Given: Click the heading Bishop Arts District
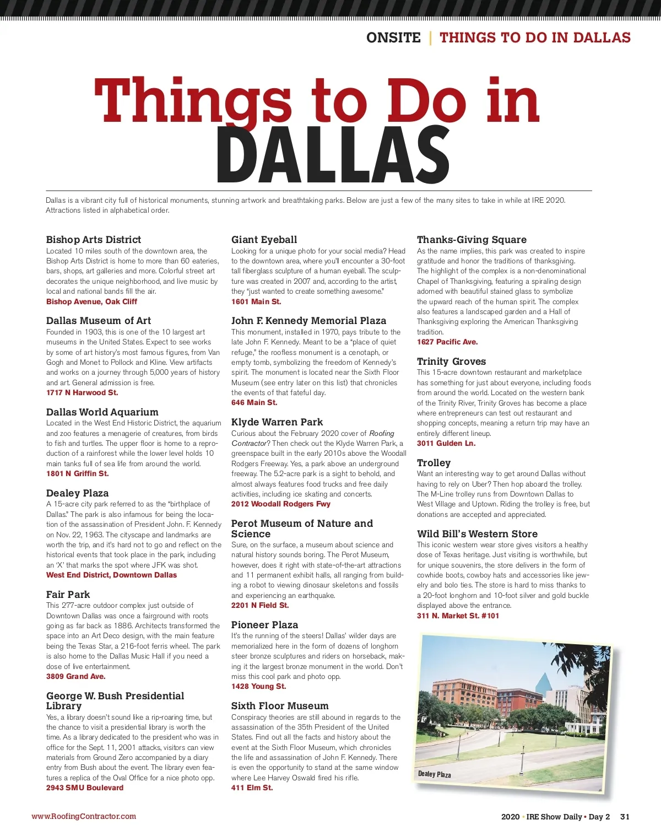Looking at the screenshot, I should coord(94,240).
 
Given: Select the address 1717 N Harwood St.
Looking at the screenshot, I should coord(82,393).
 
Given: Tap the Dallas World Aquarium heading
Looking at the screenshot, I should coord(102,412).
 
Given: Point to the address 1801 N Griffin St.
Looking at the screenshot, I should coord(78,474).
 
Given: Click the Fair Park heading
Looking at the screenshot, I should coord(68,595).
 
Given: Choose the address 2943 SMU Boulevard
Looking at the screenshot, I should coord(85,788).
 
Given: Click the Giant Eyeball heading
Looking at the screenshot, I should coord(264,240).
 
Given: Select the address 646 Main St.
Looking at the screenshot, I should coord(254,403).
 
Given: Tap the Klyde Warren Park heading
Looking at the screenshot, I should coord(277,422).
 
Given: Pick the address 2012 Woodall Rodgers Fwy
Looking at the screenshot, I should coord(281,504).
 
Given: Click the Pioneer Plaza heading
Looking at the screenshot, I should coord(264,625).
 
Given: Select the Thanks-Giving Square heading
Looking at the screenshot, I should coord(472,240).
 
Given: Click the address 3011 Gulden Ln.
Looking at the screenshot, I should coord(446,444).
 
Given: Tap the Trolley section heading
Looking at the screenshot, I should coord(434,463).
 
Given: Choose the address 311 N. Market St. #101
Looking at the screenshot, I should coord(458,616).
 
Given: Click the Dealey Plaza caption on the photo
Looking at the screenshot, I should coord(435,774).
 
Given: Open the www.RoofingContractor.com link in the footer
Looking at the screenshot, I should coord(84,817).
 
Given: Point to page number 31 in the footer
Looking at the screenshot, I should coord(625,817).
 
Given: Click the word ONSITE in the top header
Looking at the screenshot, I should coord(393,38).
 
